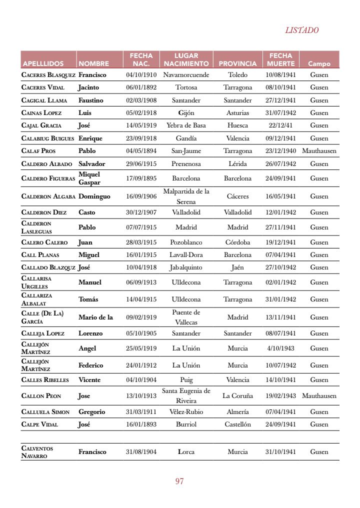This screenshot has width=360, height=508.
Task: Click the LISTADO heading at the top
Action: tap(301, 30)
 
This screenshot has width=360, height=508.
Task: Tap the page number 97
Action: tap(179, 481)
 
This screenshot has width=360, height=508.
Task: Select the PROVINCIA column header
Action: tap(237, 64)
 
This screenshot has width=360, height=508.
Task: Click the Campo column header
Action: tap(319, 64)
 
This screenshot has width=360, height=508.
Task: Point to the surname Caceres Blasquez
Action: tap(48, 75)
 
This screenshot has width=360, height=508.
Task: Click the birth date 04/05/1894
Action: tap(141, 150)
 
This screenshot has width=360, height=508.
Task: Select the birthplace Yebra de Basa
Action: tap(186, 125)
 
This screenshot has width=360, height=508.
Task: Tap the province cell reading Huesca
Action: tap(237, 125)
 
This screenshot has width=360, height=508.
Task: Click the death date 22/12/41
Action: tap(280, 125)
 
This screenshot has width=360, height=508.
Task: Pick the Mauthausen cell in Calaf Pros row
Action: tap(319, 150)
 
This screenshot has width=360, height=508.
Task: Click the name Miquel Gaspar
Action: tap(89, 178)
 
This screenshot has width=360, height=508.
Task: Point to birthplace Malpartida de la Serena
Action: tap(186, 196)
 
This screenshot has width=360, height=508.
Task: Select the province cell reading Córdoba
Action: tap(237, 242)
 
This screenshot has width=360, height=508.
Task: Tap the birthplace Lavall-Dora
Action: tap(186, 255)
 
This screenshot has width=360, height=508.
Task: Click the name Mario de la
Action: tap(95, 317)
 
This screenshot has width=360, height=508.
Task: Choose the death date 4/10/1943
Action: tap(280, 348)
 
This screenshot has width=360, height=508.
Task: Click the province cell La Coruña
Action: tap(237, 396)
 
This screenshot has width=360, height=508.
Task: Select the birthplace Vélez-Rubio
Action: tap(186, 412)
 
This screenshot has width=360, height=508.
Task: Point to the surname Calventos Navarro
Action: tap(37, 452)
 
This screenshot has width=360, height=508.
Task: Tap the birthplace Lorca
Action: tap(186, 452)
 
